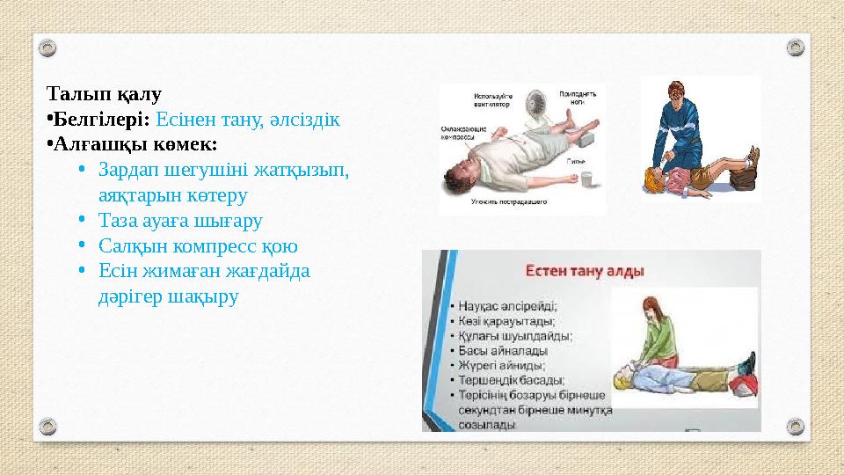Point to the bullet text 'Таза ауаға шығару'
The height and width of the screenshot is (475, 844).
pos(180,220)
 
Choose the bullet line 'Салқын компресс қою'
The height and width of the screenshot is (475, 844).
pos(198,245)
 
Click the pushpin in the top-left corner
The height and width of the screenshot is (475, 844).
pos(49,47)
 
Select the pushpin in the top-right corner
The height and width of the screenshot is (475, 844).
pos(795,47)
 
